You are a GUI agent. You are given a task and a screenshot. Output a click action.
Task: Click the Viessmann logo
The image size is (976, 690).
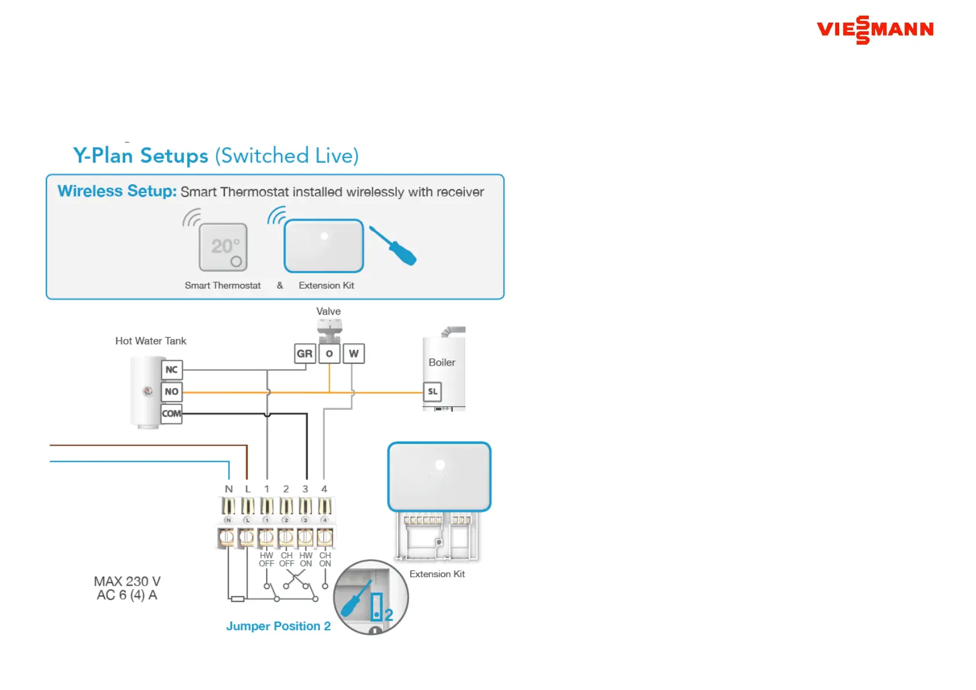point(875,30)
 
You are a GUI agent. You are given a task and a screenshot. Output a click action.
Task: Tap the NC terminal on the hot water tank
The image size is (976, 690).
point(172,370)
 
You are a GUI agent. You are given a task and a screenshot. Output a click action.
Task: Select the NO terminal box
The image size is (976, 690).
point(172,392)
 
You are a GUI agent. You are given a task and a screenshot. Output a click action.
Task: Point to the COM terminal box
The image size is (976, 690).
point(172,414)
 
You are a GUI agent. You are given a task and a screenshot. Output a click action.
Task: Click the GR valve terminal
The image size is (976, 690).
point(305,353)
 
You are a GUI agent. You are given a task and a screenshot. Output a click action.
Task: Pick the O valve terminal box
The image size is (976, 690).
point(329,353)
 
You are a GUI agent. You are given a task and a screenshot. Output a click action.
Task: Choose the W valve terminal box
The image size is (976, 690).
point(354,353)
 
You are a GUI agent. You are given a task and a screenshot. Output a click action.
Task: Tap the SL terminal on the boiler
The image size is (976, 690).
point(433,392)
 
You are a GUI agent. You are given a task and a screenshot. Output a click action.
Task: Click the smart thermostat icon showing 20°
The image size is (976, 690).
point(223,247)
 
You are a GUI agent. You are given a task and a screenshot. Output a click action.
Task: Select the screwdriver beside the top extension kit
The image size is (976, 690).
point(394,246)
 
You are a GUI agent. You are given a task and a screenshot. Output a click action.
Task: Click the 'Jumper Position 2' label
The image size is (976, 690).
point(278,626)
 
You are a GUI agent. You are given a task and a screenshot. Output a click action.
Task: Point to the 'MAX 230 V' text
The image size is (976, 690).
point(127,581)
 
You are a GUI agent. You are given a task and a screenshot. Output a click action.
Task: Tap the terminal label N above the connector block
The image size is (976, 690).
point(229,489)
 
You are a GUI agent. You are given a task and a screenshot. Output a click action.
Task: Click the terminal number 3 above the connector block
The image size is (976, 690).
point(305,489)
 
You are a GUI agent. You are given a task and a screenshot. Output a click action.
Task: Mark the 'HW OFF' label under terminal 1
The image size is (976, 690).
point(267,559)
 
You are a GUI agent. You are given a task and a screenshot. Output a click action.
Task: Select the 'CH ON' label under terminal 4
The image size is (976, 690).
point(325,559)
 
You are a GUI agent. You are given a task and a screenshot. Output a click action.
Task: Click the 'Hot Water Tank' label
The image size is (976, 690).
point(151,341)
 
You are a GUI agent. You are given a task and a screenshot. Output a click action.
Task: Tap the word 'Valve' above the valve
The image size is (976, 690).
point(329,312)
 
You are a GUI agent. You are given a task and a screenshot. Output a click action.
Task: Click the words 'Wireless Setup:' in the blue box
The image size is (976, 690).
point(117,191)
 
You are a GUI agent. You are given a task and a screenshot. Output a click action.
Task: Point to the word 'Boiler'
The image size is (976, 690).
point(442,363)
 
